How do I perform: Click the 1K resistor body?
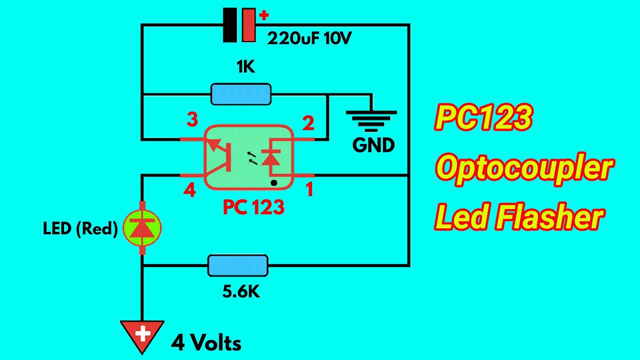coord(241,94)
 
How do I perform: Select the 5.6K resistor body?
coord(238,265)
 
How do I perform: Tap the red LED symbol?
coord(142,228)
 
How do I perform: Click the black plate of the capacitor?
coord(230,25)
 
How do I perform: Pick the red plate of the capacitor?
coord(248,25)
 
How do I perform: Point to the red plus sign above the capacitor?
coord(263,15)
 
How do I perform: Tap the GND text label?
coord(373,145)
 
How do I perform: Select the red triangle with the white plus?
coord(142,333)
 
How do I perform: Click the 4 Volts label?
coord(206,343)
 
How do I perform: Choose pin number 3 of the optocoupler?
coord(192,119)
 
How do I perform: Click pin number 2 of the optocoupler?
coord(308,123)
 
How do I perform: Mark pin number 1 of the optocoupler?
coord(309,189)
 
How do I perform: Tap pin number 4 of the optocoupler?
coord(189,190)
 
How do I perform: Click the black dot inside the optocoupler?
coord(274,183)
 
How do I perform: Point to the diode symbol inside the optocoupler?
coord(271,159)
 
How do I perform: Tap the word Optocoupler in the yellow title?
coord(524,168)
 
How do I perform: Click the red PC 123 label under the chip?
coord(253,207)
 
